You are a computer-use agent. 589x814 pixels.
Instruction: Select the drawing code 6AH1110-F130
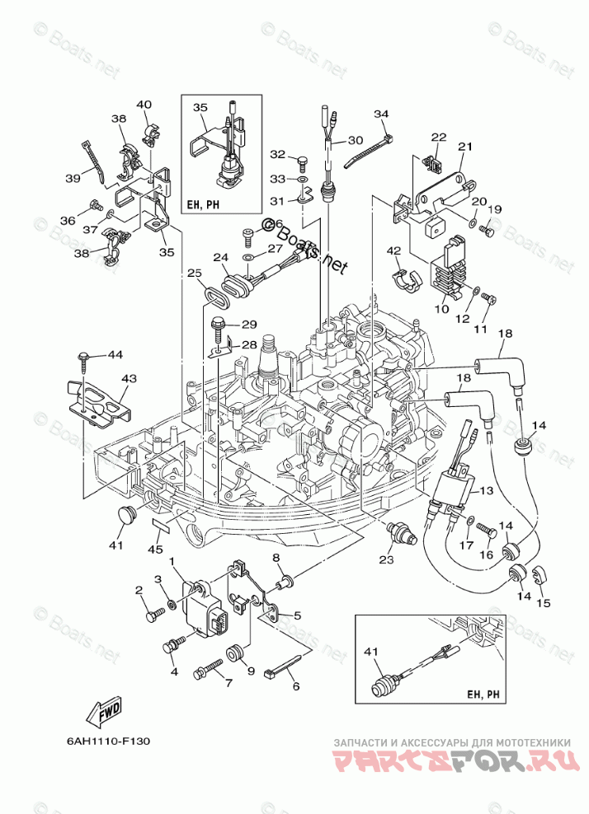tap(107, 740)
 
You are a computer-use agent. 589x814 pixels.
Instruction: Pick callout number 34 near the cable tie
tap(380, 114)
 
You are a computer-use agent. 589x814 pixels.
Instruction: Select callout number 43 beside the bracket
tap(129, 378)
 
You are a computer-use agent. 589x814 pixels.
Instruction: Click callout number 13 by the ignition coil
tap(485, 491)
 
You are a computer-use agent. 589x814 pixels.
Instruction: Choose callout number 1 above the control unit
tap(173, 562)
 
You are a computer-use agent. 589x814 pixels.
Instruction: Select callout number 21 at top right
tap(464, 147)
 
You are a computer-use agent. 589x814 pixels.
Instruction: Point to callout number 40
tap(144, 105)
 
